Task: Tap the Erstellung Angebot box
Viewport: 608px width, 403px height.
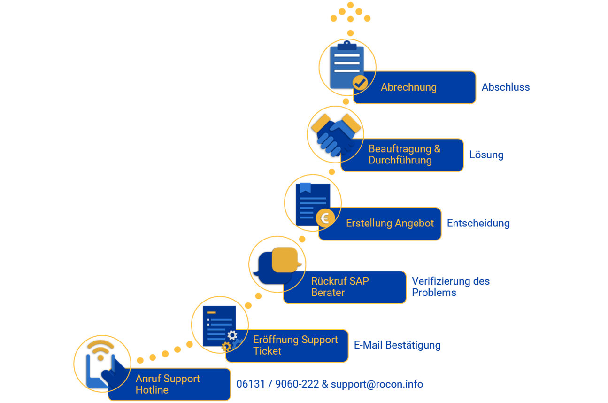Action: [x=390, y=224]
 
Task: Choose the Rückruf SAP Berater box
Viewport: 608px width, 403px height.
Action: [x=347, y=287]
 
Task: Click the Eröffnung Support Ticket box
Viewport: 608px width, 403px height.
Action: [x=295, y=345]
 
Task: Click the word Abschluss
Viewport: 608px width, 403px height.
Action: [x=506, y=87]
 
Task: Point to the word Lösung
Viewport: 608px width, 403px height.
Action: [x=486, y=155]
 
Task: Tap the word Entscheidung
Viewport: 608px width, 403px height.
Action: [x=478, y=224]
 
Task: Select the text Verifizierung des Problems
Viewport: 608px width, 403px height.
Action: [x=450, y=287]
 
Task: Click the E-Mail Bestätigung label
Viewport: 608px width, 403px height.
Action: [x=397, y=346]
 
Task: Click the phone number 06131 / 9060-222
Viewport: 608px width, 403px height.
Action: [x=277, y=384]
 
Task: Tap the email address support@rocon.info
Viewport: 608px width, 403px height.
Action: [x=377, y=384]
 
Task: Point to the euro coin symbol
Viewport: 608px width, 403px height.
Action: [x=325, y=217]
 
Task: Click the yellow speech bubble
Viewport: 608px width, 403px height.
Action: [x=285, y=259]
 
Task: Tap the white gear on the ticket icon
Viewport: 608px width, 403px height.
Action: [x=232, y=335]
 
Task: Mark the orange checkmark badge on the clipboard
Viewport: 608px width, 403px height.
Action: [x=360, y=83]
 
